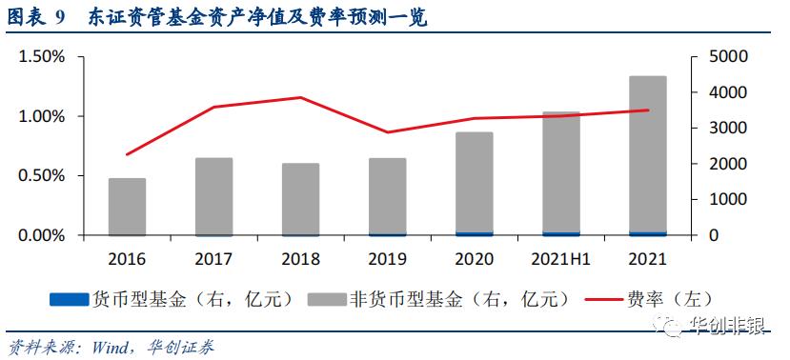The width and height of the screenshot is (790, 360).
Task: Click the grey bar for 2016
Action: click(127, 207)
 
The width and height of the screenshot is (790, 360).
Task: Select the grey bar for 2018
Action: click(300, 199)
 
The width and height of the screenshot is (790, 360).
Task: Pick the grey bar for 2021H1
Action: click(561, 171)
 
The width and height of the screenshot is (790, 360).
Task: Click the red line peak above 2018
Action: click(300, 97)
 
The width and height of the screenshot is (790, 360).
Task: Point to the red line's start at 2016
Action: click(127, 154)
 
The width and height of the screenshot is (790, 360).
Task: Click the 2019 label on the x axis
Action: click(387, 258)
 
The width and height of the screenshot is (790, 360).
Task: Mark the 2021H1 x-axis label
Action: click(561, 258)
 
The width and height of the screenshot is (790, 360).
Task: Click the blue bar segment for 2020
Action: click(474, 233)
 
